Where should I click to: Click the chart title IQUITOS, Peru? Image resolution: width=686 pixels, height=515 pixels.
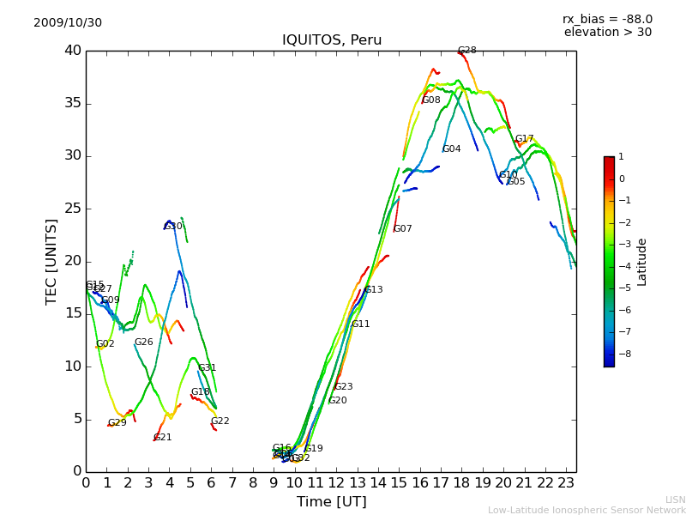click(332, 40)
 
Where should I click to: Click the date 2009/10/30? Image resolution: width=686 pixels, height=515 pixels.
click(68, 23)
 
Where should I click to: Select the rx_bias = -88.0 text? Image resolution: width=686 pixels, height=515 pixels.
click(607, 19)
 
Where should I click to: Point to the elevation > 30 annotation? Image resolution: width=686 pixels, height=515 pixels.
click(607, 33)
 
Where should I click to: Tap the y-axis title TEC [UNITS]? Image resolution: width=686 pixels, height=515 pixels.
click(51, 261)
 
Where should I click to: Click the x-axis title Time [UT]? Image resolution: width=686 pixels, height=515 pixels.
click(331, 502)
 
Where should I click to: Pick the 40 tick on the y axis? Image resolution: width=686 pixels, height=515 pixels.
click(72, 51)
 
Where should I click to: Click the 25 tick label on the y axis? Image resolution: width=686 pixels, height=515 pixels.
click(72, 209)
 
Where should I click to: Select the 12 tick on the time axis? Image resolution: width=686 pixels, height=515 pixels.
click(336, 483)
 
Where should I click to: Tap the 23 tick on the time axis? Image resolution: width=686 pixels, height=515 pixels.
click(566, 483)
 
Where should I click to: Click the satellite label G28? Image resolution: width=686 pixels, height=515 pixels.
click(466, 51)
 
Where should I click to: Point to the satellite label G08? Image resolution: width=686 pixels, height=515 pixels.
click(431, 100)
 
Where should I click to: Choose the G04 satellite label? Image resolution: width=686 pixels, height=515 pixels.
click(451, 149)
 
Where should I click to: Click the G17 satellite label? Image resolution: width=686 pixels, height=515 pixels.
click(524, 139)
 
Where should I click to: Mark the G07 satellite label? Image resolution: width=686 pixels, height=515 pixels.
click(402, 229)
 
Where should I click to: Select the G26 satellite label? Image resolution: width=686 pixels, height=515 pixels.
click(143, 342)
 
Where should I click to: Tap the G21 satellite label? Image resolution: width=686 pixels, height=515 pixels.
click(162, 438)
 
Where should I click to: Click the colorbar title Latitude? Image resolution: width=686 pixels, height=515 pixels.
click(642, 262)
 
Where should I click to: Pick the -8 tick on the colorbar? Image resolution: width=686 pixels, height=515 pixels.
click(622, 354)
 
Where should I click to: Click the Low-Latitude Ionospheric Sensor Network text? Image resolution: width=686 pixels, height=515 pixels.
click(587, 510)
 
